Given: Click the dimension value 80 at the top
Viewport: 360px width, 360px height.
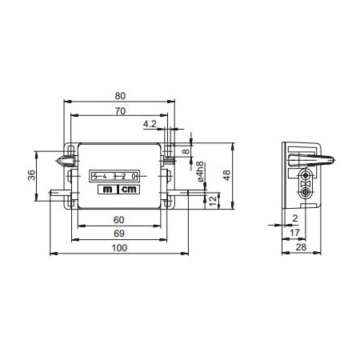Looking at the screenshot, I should point(119,95).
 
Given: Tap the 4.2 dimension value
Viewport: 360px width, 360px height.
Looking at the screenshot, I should point(150,124).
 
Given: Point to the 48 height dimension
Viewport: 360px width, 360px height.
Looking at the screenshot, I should point(226,176).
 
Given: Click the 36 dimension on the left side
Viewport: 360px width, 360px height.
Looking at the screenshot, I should point(33,176).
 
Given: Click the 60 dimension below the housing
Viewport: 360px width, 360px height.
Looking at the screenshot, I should point(118,219).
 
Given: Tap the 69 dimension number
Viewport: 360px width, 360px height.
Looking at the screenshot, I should point(118,232).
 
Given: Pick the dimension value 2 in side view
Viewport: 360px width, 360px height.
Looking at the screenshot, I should point(294,218).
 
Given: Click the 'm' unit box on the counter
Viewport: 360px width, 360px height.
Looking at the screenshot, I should point(108,190).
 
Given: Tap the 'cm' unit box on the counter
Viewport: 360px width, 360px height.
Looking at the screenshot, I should point(129,190).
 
